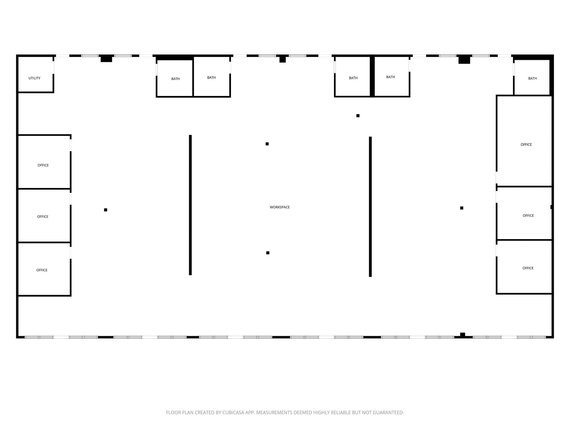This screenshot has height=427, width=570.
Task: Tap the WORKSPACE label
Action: click(x=280, y=207)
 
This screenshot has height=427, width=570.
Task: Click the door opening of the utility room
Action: click(x=53, y=67)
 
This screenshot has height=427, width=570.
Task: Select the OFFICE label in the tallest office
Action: click(x=526, y=145)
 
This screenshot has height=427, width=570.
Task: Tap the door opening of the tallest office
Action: click(x=496, y=178)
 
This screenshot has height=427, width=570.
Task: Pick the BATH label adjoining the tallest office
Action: click(x=532, y=79)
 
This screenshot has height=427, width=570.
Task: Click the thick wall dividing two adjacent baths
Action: click(x=372, y=76)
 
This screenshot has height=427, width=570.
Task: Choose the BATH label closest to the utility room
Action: click(x=175, y=79)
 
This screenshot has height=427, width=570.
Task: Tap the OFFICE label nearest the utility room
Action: click(x=43, y=165)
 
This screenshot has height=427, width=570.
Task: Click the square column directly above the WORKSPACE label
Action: click(x=267, y=144)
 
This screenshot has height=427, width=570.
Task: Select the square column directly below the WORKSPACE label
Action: click(x=268, y=253)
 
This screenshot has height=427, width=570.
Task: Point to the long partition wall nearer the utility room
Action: click(x=190, y=205)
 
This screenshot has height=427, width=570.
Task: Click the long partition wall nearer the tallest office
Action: click(x=370, y=207)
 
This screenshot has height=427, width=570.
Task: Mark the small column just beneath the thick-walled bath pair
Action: click(x=358, y=116)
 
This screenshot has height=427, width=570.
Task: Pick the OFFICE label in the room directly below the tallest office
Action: click(x=528, y=216)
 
